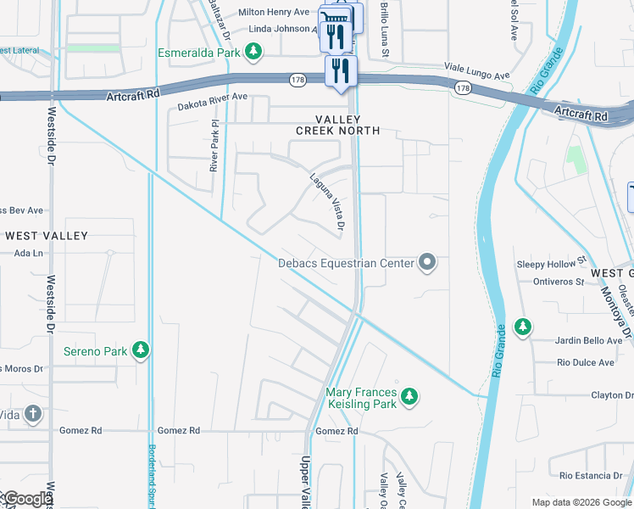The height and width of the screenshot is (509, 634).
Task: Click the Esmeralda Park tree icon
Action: [253, 53]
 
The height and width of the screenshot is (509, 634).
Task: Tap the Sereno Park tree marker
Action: [141, 350]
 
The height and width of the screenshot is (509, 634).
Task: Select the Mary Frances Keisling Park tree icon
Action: [409, 396]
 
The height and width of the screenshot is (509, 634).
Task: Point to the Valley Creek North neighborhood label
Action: [337, 125]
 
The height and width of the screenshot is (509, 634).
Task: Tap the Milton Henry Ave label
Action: [274, 12]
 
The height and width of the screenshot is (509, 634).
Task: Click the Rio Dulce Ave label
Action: [585, 362]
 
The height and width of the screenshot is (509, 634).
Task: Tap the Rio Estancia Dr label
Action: [591, 474]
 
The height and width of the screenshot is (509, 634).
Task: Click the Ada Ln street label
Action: [28, 254]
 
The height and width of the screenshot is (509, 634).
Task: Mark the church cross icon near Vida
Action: [32, 414]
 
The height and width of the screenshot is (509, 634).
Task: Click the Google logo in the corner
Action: [28, 500]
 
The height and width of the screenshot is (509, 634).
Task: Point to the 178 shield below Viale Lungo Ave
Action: [462, 88]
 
